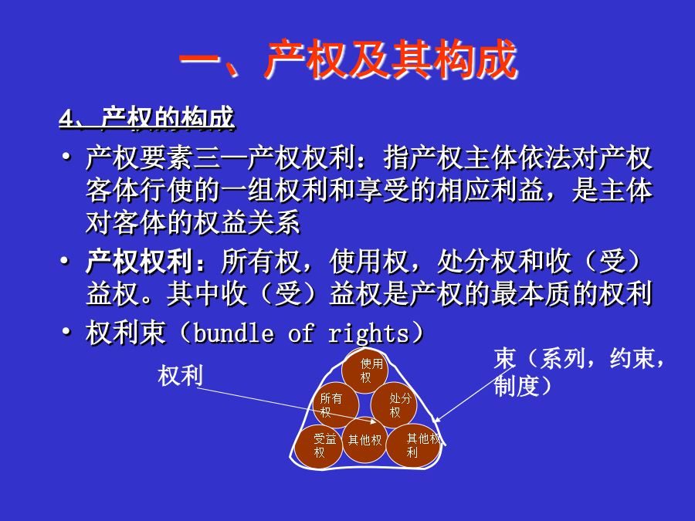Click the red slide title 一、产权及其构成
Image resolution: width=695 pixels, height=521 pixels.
[x=348, y=59]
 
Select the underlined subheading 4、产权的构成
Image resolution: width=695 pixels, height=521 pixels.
[x=147, y=119]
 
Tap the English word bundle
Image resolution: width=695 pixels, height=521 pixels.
[x=233, y=333]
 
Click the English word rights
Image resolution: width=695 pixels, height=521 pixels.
[x=368, y=334]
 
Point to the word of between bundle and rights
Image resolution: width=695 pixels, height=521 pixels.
[x=301, y=333]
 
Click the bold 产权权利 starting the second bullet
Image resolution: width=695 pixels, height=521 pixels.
[x=139, y=262]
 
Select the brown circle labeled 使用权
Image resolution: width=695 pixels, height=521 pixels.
[x=365, y=370]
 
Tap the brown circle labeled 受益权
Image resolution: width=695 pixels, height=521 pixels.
[x=318, y=446]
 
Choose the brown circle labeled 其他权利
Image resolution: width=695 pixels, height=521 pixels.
[x=414, y=445]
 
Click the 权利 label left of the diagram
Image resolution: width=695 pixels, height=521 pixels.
[x=181, y=375]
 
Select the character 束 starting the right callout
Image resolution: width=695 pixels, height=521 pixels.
[x=505, y=358]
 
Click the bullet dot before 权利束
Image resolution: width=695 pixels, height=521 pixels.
[x=66, y=331]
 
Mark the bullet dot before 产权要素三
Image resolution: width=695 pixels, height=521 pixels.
[x=66, y=157]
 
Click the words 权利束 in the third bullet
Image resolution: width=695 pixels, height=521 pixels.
[x=126, y=333]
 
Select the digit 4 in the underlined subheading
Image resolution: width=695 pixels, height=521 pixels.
[x=66, y=119]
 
